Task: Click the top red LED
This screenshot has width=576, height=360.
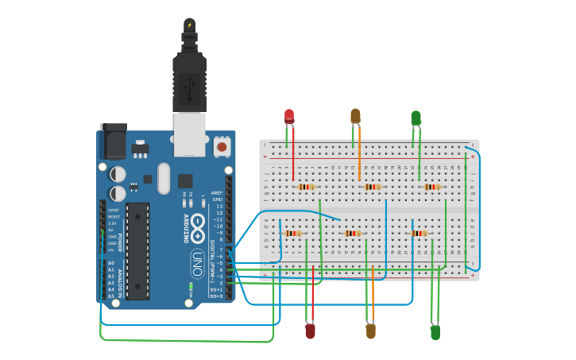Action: tap(289, 116)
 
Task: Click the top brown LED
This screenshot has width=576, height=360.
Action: tap(355, 116)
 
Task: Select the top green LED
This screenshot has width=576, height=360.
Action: tap(416, 118)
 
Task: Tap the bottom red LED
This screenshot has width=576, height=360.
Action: tap(311, 331)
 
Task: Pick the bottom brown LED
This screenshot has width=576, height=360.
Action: tap(370, 331)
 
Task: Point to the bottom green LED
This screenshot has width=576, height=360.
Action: tap(435, 332)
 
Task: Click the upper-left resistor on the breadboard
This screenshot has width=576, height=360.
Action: tap(306, 187)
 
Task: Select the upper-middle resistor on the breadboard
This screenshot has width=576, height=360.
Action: tap(372, 187)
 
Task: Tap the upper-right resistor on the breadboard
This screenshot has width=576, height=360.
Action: tap(431, 187)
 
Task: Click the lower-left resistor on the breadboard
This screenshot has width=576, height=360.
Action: tap(293, 233)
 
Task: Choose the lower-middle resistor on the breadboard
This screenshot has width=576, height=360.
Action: tap(353, 233)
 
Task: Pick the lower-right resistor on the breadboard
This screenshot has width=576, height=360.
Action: tap(419, 233)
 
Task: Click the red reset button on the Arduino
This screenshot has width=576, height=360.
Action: tap(222, 146)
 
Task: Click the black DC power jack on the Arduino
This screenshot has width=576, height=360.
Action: tap(112, 143)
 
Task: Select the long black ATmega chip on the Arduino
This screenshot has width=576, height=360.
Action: tap(137, 250)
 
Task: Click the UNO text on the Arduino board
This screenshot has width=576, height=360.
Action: tap(196, 261)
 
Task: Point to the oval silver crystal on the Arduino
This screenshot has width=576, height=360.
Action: tap(164, 178)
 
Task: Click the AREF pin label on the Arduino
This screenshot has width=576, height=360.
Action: tap(217, 192)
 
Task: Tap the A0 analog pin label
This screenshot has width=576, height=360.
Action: tap(111, 263)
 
